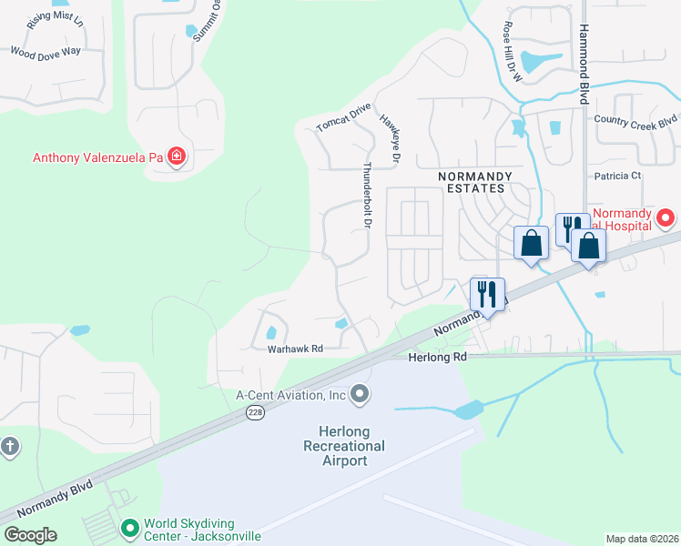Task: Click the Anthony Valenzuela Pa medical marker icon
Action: pos(176,157)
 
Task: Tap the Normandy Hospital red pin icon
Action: pos(666,217)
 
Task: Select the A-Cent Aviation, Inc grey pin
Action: pos(361,394)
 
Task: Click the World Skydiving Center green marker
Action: pos(130,528)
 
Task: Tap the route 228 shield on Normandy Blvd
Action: pos(255,412)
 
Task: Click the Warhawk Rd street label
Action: pos(295,349)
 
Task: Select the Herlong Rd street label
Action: pos(435,358)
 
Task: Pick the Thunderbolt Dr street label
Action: pos(369,195)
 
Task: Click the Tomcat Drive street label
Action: pos(343,117)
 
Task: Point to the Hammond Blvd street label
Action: pos(584,52)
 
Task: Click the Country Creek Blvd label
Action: pos(635,120)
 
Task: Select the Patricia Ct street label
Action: pos(618,175)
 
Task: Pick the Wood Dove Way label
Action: pos(46,52)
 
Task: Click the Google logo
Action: pos(30,535)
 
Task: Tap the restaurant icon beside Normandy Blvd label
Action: pos(487,294)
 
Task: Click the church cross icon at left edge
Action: pos(9,446)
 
